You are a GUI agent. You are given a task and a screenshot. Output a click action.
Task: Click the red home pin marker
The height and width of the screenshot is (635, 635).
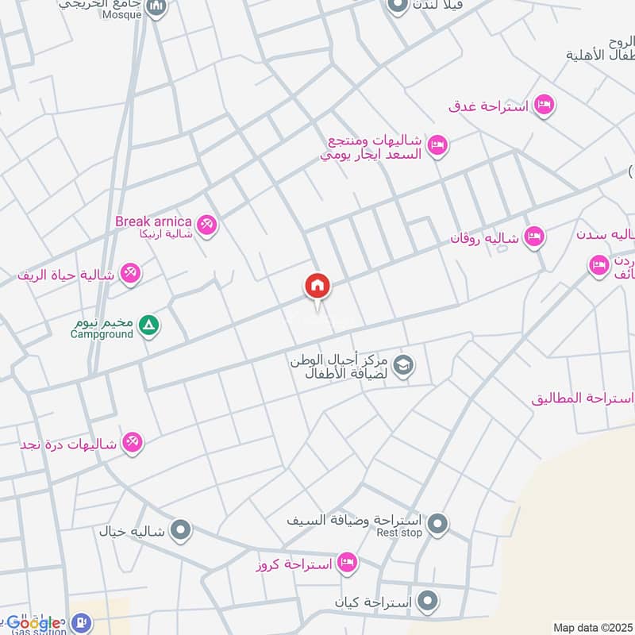click(317, 287)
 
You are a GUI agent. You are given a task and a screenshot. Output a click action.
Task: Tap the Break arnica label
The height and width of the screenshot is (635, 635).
click(153, 221)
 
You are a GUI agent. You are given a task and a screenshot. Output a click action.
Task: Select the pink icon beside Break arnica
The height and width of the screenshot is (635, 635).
click(207, 225)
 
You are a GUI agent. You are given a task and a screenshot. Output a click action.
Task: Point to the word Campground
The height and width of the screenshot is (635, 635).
click(102, 334)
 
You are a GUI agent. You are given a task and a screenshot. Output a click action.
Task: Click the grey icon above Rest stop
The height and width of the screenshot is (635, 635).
click(437, 524)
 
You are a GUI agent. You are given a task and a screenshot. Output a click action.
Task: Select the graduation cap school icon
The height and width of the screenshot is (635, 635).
click(403, 365)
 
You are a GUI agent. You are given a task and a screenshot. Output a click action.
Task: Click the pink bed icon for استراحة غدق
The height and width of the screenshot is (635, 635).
click(543, 105)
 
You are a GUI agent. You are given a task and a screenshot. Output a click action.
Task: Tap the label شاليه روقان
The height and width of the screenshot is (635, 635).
click(485, 237)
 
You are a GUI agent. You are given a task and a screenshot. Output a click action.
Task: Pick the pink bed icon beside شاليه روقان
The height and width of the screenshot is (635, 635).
click(535, 236)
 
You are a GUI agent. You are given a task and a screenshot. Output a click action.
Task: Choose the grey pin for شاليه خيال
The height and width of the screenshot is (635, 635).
click(181, 529)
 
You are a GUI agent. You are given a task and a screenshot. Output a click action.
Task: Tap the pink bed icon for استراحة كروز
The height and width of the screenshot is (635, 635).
click(347, 564)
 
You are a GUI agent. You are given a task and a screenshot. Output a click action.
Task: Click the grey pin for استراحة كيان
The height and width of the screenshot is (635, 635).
click(429, 601)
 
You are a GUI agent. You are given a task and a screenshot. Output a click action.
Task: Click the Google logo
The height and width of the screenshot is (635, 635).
click(33, 622)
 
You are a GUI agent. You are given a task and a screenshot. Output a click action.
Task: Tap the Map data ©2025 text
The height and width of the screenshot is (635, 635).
click(592, 627)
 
